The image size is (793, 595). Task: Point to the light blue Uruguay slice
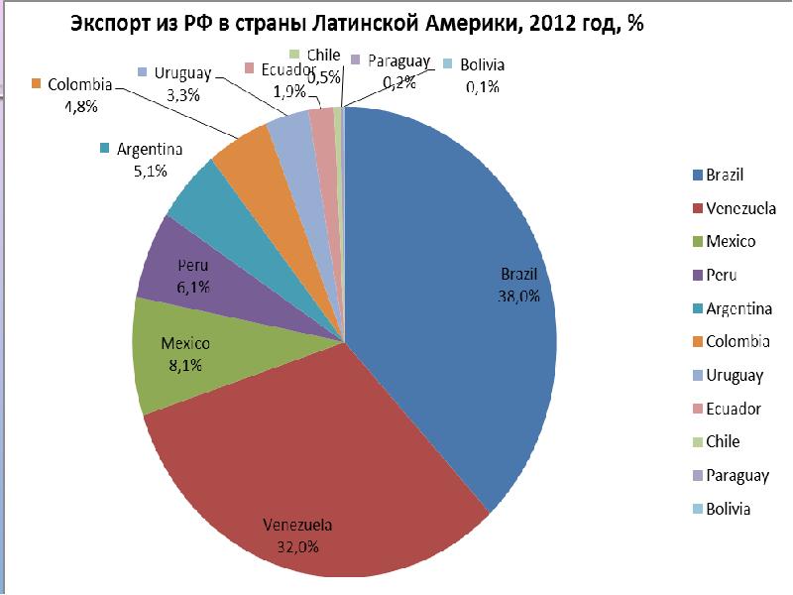(x=290, y=134)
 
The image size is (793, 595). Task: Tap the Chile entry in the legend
(x=723, y=441)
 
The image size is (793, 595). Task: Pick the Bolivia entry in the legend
(x=728, y=509)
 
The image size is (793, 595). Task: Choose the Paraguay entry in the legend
(x=737, y=475)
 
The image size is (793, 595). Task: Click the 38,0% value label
(x=517, y=295)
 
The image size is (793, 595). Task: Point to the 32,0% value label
(x=297, y=545)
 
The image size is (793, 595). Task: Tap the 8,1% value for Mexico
(x=185, y=365)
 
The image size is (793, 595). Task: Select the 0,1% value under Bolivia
(x=482, y=86)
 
